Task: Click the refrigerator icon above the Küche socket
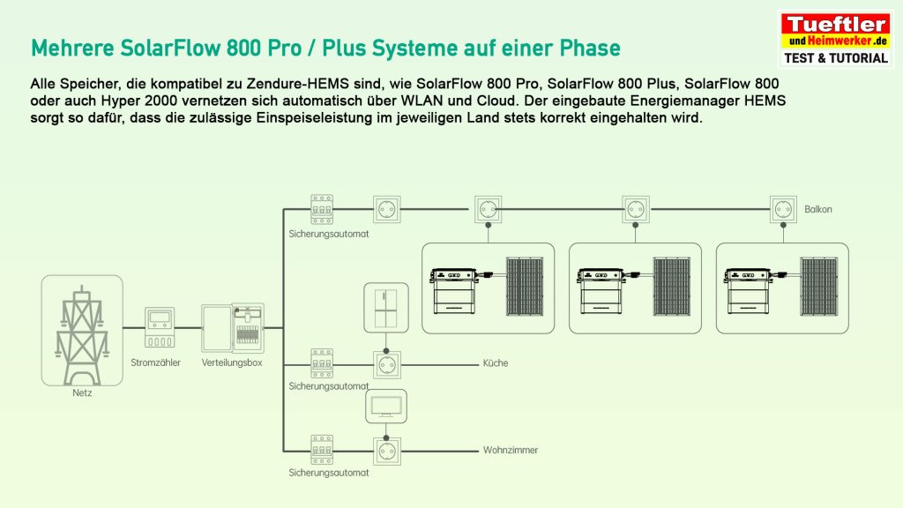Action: [x=386, y=306]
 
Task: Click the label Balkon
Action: [x=817, y=210]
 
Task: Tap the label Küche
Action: [x=496, y=363]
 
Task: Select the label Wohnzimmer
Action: [x=510, y=450]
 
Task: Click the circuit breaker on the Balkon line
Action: [x=322, y=209]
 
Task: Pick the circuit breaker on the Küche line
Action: [x=322, y=362]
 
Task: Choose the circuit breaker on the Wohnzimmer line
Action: [x=322, y=449]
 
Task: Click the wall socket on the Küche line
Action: [x=386, y=362]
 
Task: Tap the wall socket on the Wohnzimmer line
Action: [x=386, y=450]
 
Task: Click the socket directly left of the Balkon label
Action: [x=783, y=210]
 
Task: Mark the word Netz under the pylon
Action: [x=82, y=393]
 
